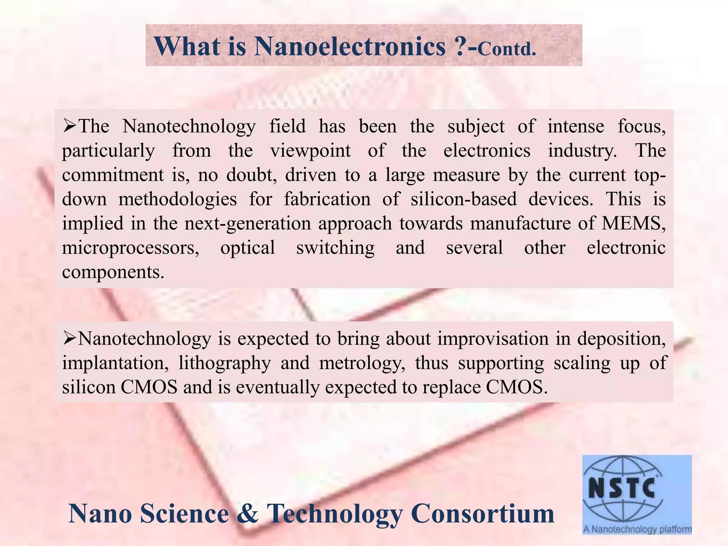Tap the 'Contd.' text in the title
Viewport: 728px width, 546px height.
pyautogui.click(x=507, y=49)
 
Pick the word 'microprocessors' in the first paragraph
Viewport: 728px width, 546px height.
pyautogui.click(x=130, y=248)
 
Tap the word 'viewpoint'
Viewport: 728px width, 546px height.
pyautogui.click(x=310, y=151)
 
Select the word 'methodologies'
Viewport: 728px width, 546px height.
pyautogui.click(x=178, y=199)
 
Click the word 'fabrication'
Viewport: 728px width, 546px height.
pyautogui.click(x=327, y=199)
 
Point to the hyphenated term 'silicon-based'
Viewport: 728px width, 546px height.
pyautogui.click(x=464, y=199)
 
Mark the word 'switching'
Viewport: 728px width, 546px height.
pyautogui.click(x=335, y=248)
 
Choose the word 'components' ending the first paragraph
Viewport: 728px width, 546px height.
pyautogui.click(x=113, y=272)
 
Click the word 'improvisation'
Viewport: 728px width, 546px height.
pyautogui.click(x=493, y=338)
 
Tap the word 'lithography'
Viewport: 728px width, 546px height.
pyautogui.click(x=225, y=363)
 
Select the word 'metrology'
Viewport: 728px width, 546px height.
pyautogui.click(x=362, y=363)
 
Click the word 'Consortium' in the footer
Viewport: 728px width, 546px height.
pyautogui.click(x=482, y=514)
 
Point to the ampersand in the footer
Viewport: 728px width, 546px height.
pyautogui.click(x=248, y=514)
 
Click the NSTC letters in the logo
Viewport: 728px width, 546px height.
pyautogui.click(x=622, y=488)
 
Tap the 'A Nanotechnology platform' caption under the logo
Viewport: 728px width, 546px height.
pyautogui.click(x=637, y=529)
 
